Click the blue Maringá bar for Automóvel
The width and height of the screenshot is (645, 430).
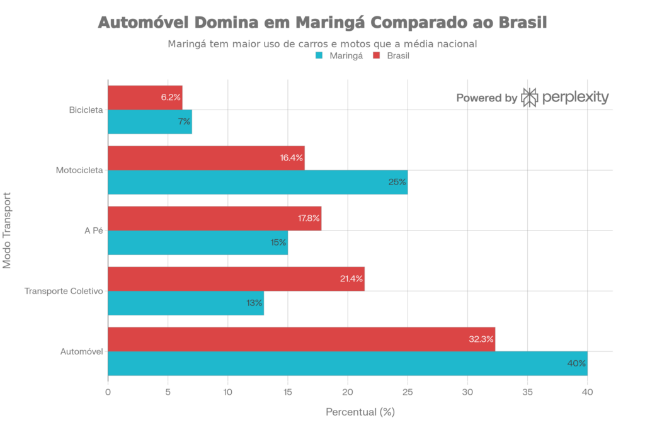[x=347, y=363]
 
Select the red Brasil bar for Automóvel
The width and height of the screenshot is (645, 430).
[x=302, y=339]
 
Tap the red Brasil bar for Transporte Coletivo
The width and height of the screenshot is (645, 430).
[x=236, y=278]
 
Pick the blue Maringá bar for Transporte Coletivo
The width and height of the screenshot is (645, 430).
[x=186, y=303]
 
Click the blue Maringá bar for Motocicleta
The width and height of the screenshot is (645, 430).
[x=258, y=182]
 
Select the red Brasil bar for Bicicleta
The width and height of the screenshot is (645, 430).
[x=145, y=98]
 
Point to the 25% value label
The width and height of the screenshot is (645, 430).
[x=397, y=183]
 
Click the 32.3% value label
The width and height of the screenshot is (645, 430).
[x=482, y=339]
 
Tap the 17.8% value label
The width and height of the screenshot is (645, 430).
[x=309, y=218]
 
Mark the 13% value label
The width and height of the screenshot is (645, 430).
[x=254, y=303]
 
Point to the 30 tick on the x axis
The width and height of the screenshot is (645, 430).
[x=467, y=392]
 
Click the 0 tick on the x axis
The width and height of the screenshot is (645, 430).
[x=108, y=392]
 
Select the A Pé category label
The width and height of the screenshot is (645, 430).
[x=93, y=231]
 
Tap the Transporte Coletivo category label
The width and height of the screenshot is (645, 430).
[x=63, y=291]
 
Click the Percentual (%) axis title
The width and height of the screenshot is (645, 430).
[x=360, y=412]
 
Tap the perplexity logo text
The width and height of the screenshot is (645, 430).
[x=574, y=98]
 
